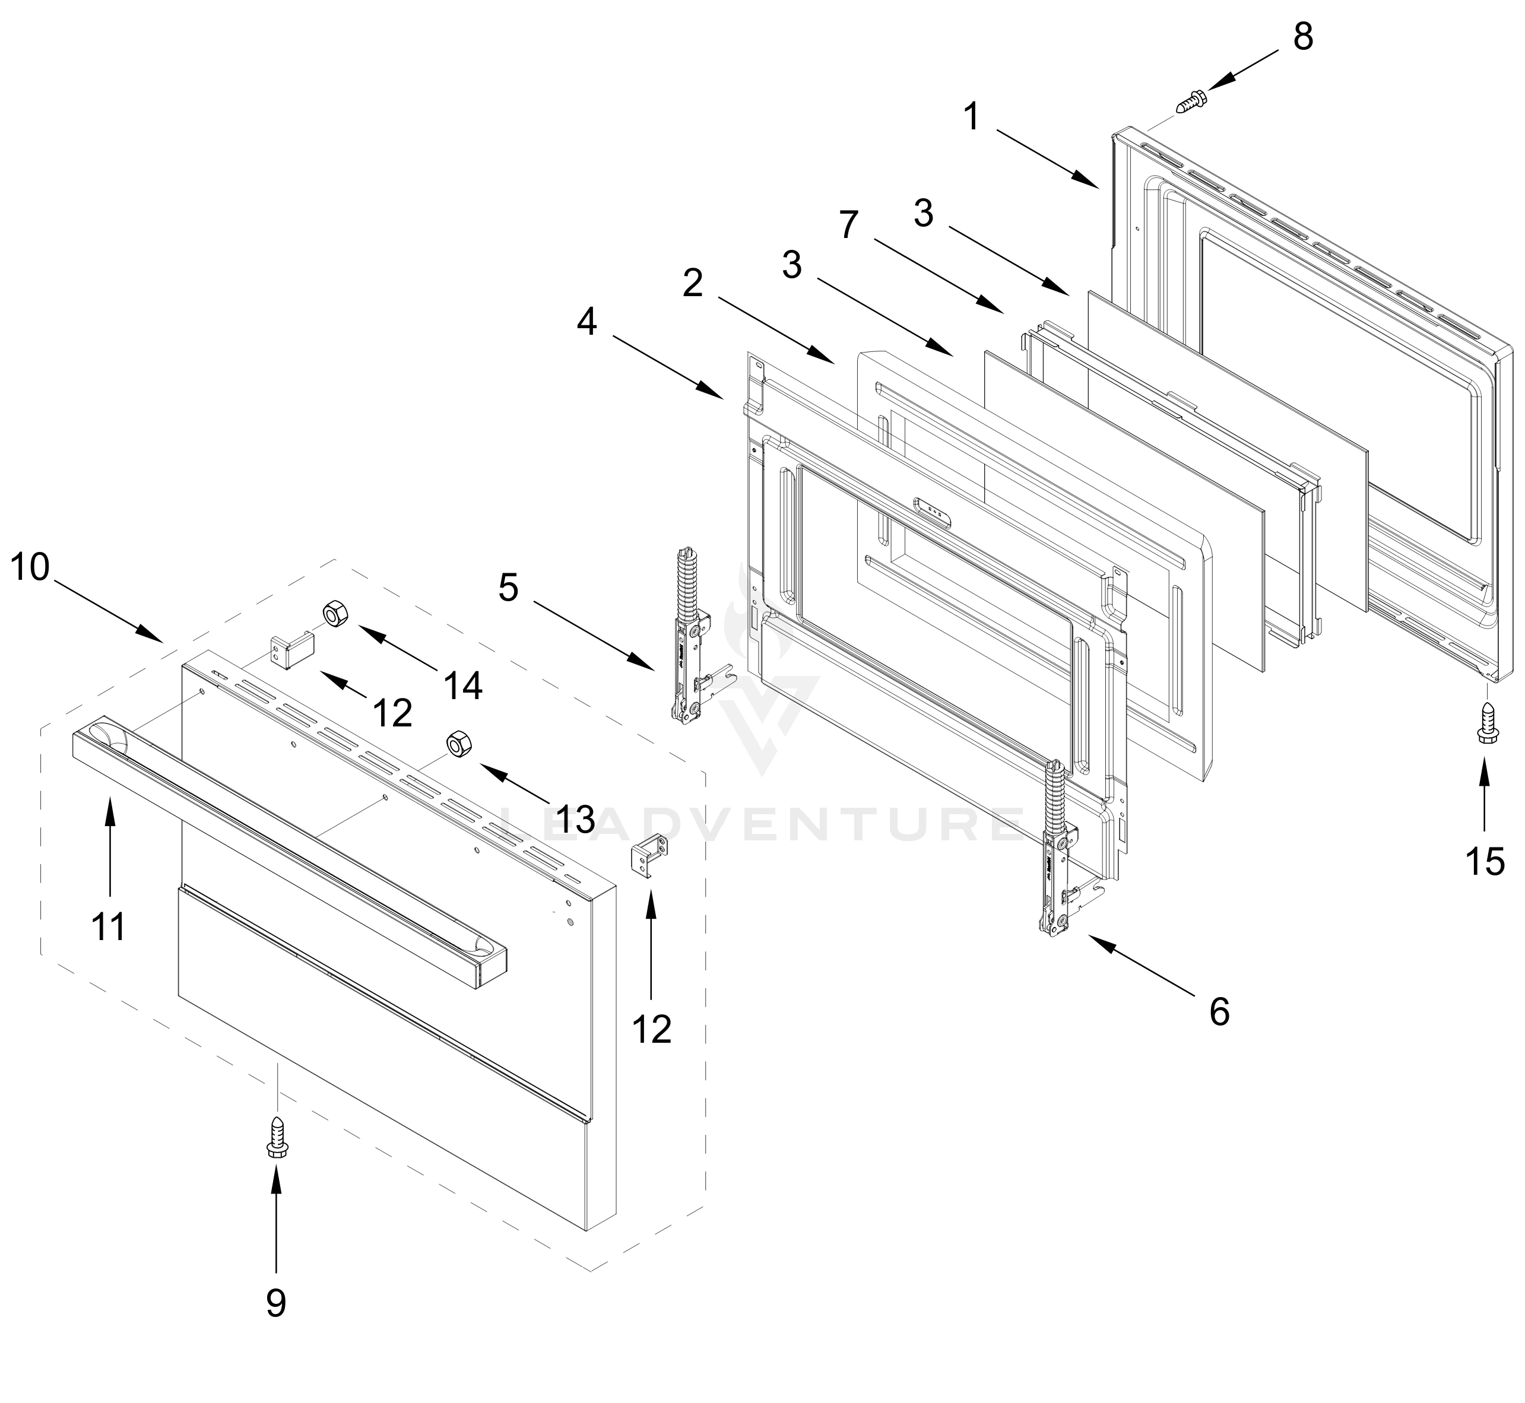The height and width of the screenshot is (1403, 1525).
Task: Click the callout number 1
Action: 972,118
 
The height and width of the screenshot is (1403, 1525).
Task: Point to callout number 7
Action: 848,225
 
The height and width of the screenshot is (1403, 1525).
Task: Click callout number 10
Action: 30,567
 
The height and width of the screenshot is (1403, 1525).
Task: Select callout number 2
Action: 693,284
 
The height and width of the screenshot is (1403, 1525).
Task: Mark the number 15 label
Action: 1485,862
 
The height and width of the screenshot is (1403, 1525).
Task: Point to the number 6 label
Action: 1219,1011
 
